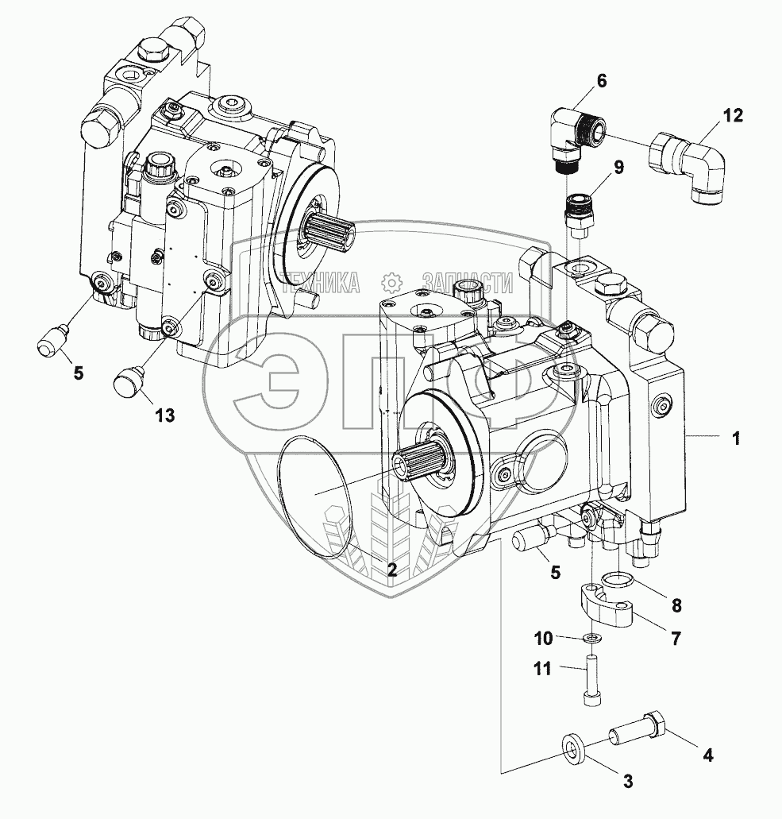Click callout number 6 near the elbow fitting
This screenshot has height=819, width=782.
601,81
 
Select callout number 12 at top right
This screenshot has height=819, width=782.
733,115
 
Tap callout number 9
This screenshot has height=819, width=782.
618,167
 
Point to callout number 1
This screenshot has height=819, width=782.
736,439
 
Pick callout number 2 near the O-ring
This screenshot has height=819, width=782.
391,570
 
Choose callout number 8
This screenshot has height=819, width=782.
676,606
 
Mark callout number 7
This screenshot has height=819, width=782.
676,638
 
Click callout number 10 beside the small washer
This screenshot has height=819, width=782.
543,638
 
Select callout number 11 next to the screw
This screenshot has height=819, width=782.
542,668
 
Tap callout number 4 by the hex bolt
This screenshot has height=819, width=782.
708,754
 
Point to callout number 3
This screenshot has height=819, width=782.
628,782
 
